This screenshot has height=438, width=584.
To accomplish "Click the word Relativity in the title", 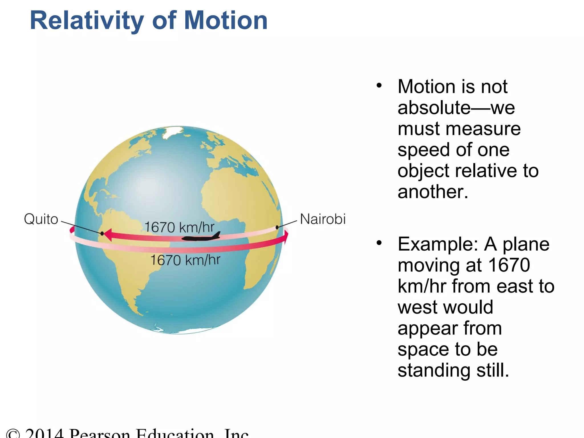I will [x=87, y=21].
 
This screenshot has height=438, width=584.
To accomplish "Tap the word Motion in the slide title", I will [x=226, y=21].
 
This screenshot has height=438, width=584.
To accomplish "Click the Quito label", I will [x=41, y=219].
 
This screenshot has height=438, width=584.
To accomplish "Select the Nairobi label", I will [x=323, y=219].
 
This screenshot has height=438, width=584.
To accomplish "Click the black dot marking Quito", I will [x=102, y=234].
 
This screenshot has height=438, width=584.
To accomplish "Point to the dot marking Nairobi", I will [x=277, y=228].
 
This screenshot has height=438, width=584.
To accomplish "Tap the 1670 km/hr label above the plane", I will [x=179, y=227].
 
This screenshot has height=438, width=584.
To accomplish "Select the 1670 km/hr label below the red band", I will [x=185, y=260].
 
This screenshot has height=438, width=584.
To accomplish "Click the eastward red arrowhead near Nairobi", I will [x=286, y=237].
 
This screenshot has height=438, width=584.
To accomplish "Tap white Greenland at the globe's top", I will [x=173, y=131].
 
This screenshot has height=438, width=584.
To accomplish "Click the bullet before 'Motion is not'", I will [x=379, y=85].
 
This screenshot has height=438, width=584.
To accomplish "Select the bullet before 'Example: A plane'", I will [x=379, y=243].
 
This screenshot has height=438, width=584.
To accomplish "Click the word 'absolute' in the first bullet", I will [x=434, y=108].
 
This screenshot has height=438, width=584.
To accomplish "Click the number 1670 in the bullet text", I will [x=509, y=265].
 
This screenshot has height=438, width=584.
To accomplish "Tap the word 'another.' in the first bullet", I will [x=433, y=192].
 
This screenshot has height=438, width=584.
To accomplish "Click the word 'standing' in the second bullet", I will [x=434, y=370].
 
